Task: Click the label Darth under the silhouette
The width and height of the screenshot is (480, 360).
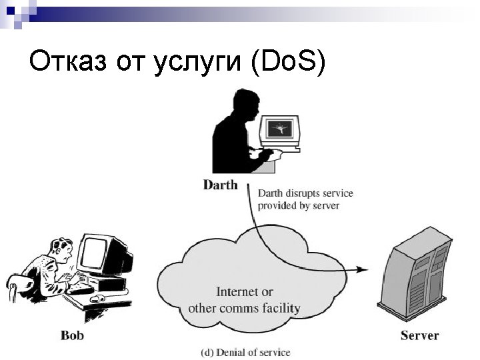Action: [220, 185]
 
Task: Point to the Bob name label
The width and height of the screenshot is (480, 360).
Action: [72, 335]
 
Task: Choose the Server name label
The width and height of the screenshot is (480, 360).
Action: [419, 335]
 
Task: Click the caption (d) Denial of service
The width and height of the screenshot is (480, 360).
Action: [246, 351]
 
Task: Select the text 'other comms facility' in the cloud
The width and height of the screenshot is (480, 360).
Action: [244, 308]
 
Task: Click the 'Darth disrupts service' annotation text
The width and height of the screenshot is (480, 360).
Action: [305, 193]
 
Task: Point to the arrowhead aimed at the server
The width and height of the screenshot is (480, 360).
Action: [361, 269]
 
